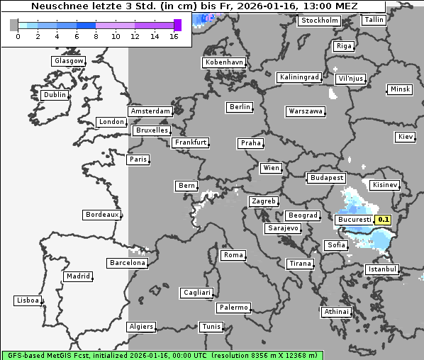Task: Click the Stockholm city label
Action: point(319,21)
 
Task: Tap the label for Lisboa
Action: point(28,300)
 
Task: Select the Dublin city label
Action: point(55,95)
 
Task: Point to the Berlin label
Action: point(240,107)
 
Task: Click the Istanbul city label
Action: point(382,269)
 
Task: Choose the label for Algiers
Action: point(140,327)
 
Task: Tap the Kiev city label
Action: point(406,136)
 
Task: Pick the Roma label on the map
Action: point(233,255)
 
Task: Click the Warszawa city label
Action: point(306,111)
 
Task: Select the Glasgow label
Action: point(69,61)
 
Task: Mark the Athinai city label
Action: point(336,312)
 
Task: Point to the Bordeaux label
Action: point(101,215)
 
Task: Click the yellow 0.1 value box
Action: point(384,220)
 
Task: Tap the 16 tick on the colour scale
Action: point(174,36)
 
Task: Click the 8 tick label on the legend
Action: point(96,36)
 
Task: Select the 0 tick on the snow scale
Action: point(17,36)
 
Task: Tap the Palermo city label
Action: point(233,308)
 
